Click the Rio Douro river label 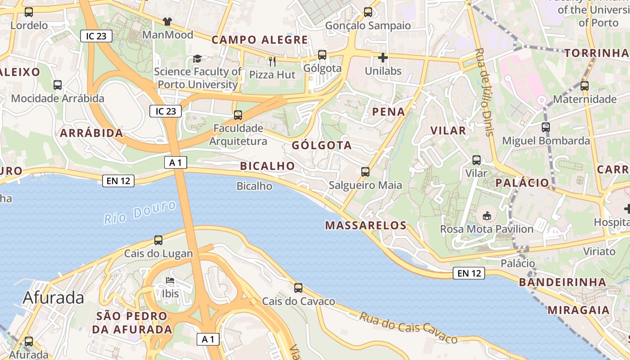(140, 213)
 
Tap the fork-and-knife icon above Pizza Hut (272, 61)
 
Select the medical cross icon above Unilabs (383, 58)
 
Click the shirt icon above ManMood (167, 21)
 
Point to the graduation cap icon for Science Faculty (197, 58)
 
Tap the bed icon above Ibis (170, 281)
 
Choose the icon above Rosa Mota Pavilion (487, 216)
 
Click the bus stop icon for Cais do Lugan (158, 240)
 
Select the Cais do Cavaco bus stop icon (298, 288)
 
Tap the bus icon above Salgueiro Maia (365, 172)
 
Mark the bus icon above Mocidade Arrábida (58, 85)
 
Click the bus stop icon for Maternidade (585, 86)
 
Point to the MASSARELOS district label (366, 225)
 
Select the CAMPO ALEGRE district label (260, 40)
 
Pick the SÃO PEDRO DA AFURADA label (132, 323)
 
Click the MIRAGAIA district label (579, 310)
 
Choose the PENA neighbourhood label (388, 112)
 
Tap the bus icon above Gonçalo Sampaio (368, 12)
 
